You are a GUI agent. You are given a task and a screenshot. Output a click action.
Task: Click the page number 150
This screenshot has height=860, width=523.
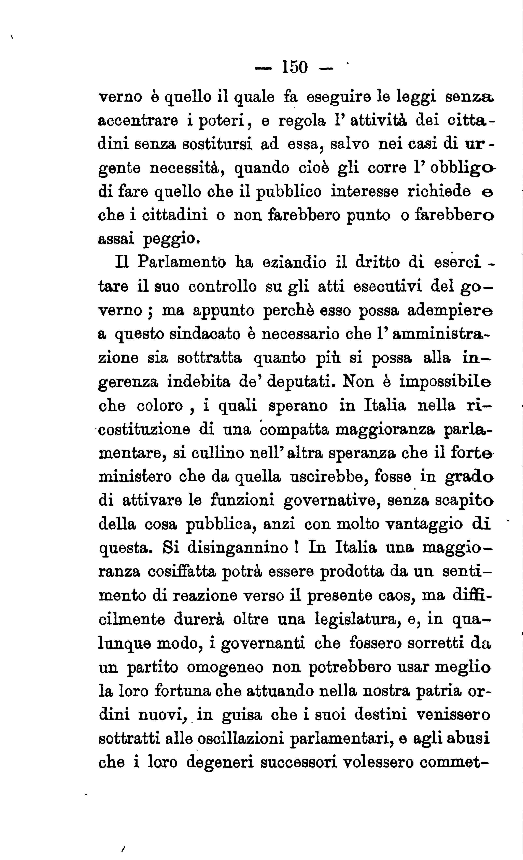295,67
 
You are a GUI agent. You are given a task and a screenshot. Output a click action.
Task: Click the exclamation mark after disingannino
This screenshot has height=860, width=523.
296,547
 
